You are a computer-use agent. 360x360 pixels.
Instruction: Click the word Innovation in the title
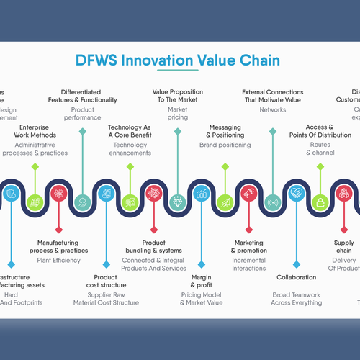point(154,60)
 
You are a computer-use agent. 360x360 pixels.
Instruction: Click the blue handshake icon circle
point(296,193)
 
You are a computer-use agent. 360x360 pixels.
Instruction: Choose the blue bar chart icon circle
point(201,193)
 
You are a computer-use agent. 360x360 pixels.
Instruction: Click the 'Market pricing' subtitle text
point(177,112)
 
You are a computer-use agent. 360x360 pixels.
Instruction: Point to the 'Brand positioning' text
point(225,145)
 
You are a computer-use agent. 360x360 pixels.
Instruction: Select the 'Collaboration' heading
point(296,277)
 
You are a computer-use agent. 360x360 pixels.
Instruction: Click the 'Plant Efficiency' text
point(59,260)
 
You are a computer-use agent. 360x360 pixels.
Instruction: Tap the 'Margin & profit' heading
point(201,281)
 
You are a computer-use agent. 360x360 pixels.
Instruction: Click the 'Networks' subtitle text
point(272,110)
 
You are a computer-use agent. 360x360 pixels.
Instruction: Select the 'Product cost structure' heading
point(107,281)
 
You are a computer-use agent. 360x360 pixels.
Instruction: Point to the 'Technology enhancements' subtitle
point(130,149)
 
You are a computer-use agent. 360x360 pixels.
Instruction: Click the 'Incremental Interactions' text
point(248,264)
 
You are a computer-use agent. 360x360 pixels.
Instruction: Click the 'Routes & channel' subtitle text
point(320,149)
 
